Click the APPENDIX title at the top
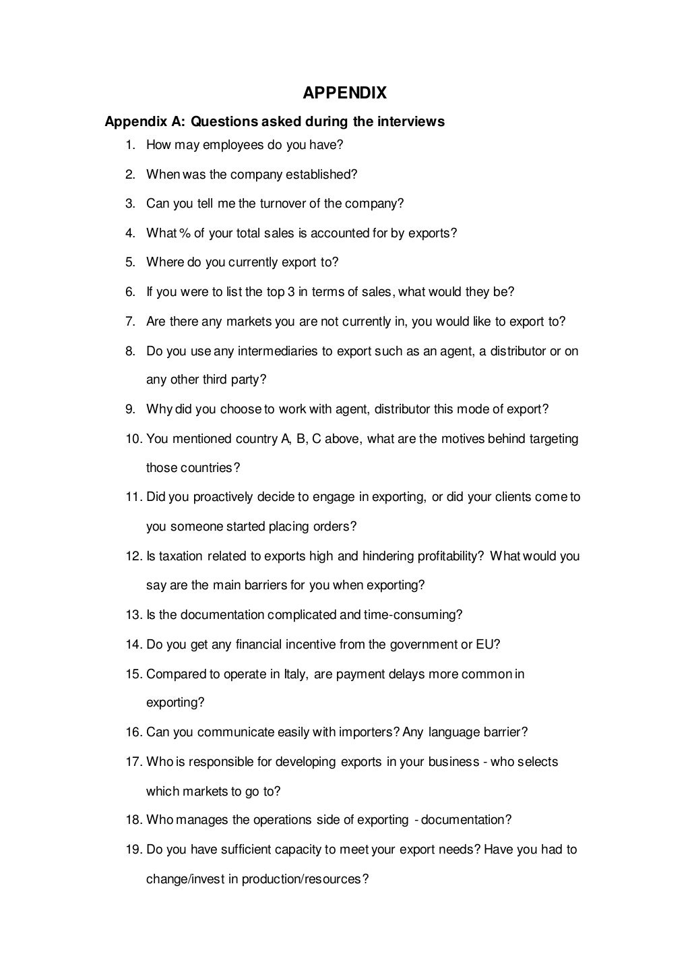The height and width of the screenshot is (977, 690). click(x=344, y=92)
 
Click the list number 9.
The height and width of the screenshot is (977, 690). click(x=130, y=409)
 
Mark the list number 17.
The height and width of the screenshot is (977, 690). click(x=132, y=762)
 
